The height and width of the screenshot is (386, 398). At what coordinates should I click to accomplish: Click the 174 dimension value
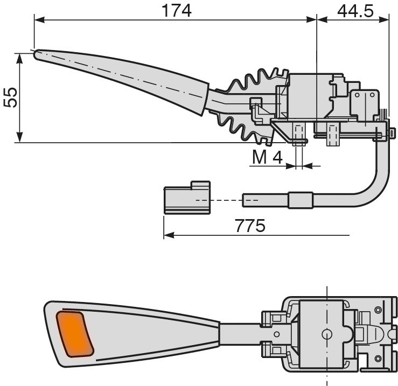point(177,11)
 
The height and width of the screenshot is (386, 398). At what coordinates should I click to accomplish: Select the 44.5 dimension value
point(355,11)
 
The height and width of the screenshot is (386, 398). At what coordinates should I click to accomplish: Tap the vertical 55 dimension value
point(11,97)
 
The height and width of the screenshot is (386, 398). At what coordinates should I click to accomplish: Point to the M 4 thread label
point(267,157)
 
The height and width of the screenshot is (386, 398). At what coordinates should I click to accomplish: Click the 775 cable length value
point(250,226)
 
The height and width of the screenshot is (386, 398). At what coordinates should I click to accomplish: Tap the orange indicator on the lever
point(75,334)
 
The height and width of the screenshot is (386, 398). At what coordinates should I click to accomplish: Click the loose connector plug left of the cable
point(187,198)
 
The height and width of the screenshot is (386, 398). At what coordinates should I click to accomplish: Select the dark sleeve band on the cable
point(301,200)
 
